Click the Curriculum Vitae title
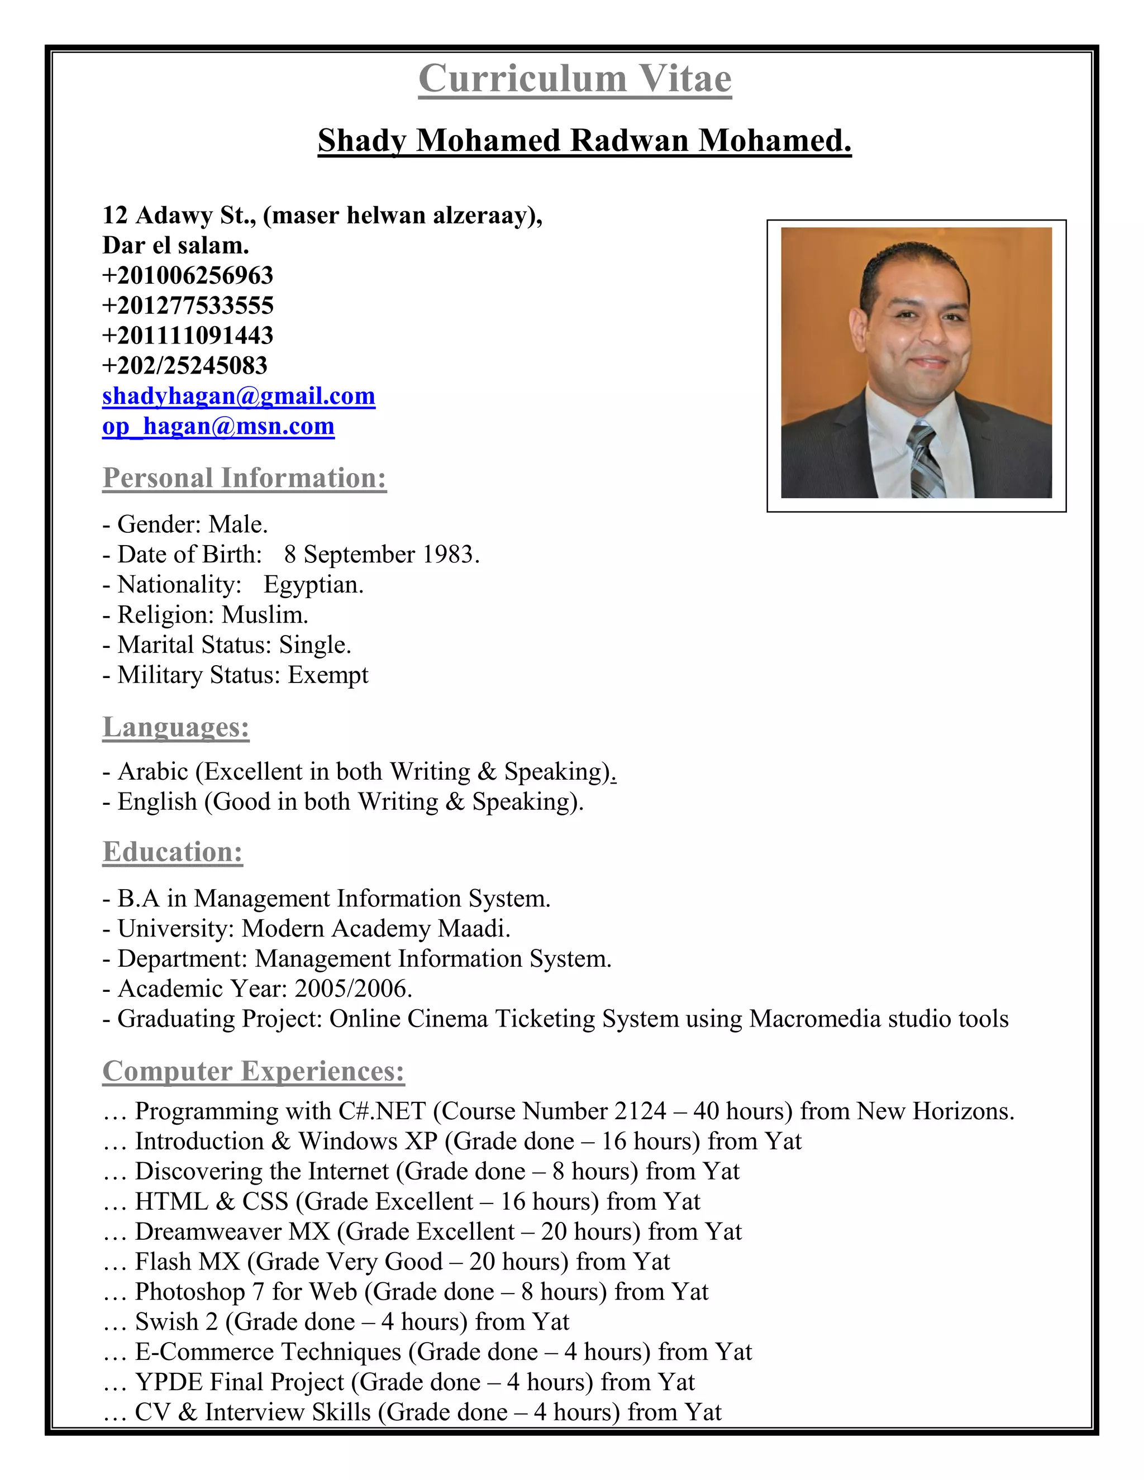tap(575, 79)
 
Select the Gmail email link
tap(239, 396)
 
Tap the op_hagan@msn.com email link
tap(218, 426)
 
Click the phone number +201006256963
tap(188, 276)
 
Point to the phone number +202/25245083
tap(185, 366)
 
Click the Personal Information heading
tap(245, 478)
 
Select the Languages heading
tap(176, 727)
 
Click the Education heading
tap(173, 852)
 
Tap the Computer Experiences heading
tap(254, 1071)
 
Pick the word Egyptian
tap(313, 585)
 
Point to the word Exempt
tap(328, 675)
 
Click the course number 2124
tap(641, 1111)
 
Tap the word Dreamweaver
tap(208, 1231)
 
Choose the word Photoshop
tap(190, 1292)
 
